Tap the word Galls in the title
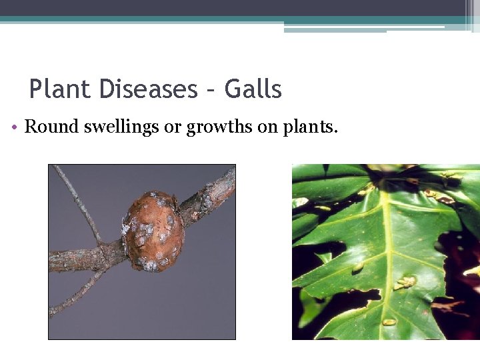pyautogui.click(x=253, y=89)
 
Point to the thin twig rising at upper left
pyautogui.click(x=77, y=200)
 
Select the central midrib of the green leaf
pyautogui.click(x=387, y=253)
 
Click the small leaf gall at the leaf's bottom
pyautogui.click(x=389, y=322)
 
